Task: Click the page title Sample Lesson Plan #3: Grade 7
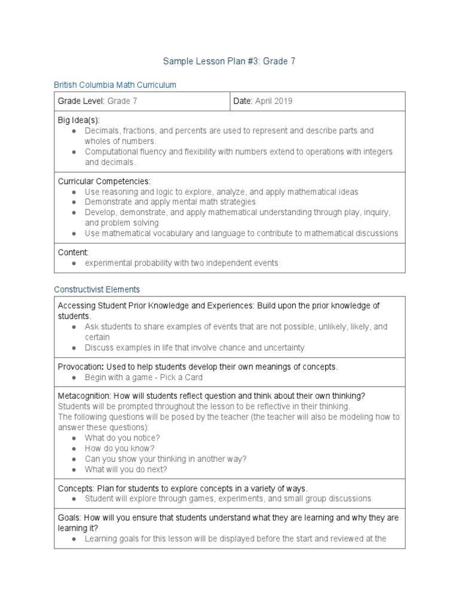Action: pyautogui.click(x=229, y=61)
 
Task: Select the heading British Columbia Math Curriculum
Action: pyautogui.click(x=115, y=85)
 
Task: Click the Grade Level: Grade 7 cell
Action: pyautogui.click(x=97, y=101)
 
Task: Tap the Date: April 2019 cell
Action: pyautogui.click(x=262, y=101)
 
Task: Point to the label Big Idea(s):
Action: pyautogui.click(x=78, y=120)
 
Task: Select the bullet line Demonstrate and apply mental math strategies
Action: pyautogui.click(x=170, y=202)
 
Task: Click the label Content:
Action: pyautogui.click(x=73, y=252)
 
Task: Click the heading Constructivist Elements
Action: pyautogui.click(x=97, y=289)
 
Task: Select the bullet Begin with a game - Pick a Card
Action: pyautogui.click(x=143, y=377)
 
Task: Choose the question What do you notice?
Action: pyautogui.click(x=122, y=437)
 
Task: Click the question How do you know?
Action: pyautogui.click(x=120, y=448)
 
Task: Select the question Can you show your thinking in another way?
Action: pyautogui.click(x=166, y=458)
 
